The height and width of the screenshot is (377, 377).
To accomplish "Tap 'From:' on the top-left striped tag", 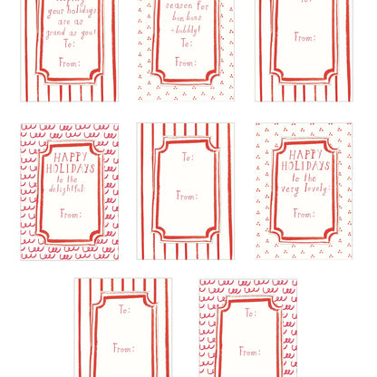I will click(x=71, y=63).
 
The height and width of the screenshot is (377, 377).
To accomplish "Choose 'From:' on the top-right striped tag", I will click(x=304, y=38).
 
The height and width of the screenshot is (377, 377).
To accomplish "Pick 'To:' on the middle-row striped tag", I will click(x=188, y=157).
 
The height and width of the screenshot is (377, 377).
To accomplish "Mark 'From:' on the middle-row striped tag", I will click(x=187, y=196).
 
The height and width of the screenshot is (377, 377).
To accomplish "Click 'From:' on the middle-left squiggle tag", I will click(x=70, y=214).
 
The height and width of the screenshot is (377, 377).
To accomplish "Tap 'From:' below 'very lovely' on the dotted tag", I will click(x=304, y=214).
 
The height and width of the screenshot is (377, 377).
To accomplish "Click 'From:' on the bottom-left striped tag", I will click(x=123, y=348).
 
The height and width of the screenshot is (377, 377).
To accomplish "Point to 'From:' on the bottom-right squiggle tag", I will click(x=249, y=351).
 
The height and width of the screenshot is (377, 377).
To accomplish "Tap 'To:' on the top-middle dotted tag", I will click(x=186, y=43).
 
